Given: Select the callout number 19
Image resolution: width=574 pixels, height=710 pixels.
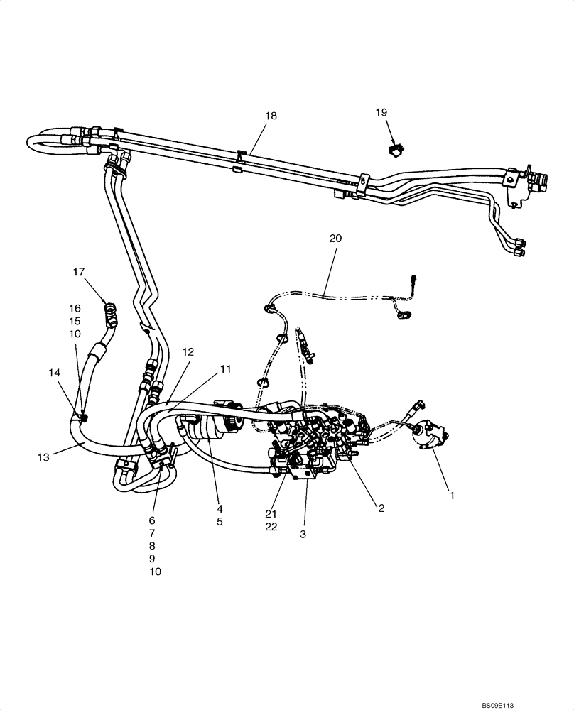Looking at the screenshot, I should [381, 112].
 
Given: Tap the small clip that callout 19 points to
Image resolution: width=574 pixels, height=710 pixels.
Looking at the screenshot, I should [396, 150].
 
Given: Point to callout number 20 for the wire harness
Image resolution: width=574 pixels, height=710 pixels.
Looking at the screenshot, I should [335, 239].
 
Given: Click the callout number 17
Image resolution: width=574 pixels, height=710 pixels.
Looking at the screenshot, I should [78, 271].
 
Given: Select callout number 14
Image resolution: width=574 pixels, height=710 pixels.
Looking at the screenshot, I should [55, 372].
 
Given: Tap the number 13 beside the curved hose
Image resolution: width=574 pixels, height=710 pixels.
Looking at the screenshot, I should [43, 458].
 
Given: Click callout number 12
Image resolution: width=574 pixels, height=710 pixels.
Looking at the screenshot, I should [188, 351].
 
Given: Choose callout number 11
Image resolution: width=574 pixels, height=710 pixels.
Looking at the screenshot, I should [225, 368].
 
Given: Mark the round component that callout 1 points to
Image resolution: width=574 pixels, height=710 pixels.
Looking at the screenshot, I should [430, 434].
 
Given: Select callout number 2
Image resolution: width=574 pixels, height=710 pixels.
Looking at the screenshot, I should [381, 508].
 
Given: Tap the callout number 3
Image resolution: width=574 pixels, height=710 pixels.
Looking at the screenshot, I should [303, 534].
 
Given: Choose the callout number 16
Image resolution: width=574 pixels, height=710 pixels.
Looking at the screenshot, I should [75, 308].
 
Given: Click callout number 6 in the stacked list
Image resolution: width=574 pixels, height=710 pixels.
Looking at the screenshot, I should [151, 520].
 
